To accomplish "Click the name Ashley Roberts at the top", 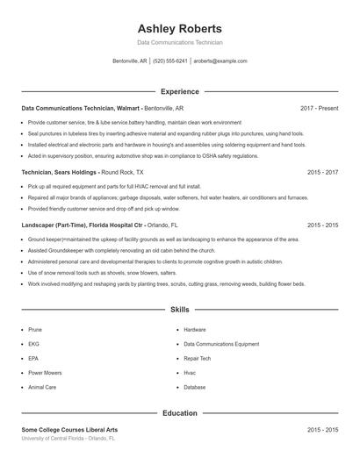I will click(x=180, y=28).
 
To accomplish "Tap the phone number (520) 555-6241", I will click(x=170, y=61).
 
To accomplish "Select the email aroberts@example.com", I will click(x=221, y=61).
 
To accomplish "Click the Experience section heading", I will click(x=180, y=91).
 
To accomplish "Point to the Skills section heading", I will click(x=180, y=310).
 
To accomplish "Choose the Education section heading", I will click(x=180, y=412).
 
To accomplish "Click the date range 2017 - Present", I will click(x=319, y=108).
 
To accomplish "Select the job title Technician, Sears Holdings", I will click(x=60, y=173).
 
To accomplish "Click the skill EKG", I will click(x=34, y=344).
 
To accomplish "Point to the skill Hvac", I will click(x=190, y=373).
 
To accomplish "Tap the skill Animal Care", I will click(x=42, y=387).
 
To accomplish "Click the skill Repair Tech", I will click(x=198, y=358).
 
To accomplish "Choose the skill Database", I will click(x=195, y=387).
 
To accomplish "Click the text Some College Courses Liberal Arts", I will click(x=69, y=430).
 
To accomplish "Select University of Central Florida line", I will click(x=68, y=438).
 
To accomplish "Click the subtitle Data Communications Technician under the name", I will click(x=180, y=42).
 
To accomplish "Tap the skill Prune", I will click(x=35, y=330).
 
